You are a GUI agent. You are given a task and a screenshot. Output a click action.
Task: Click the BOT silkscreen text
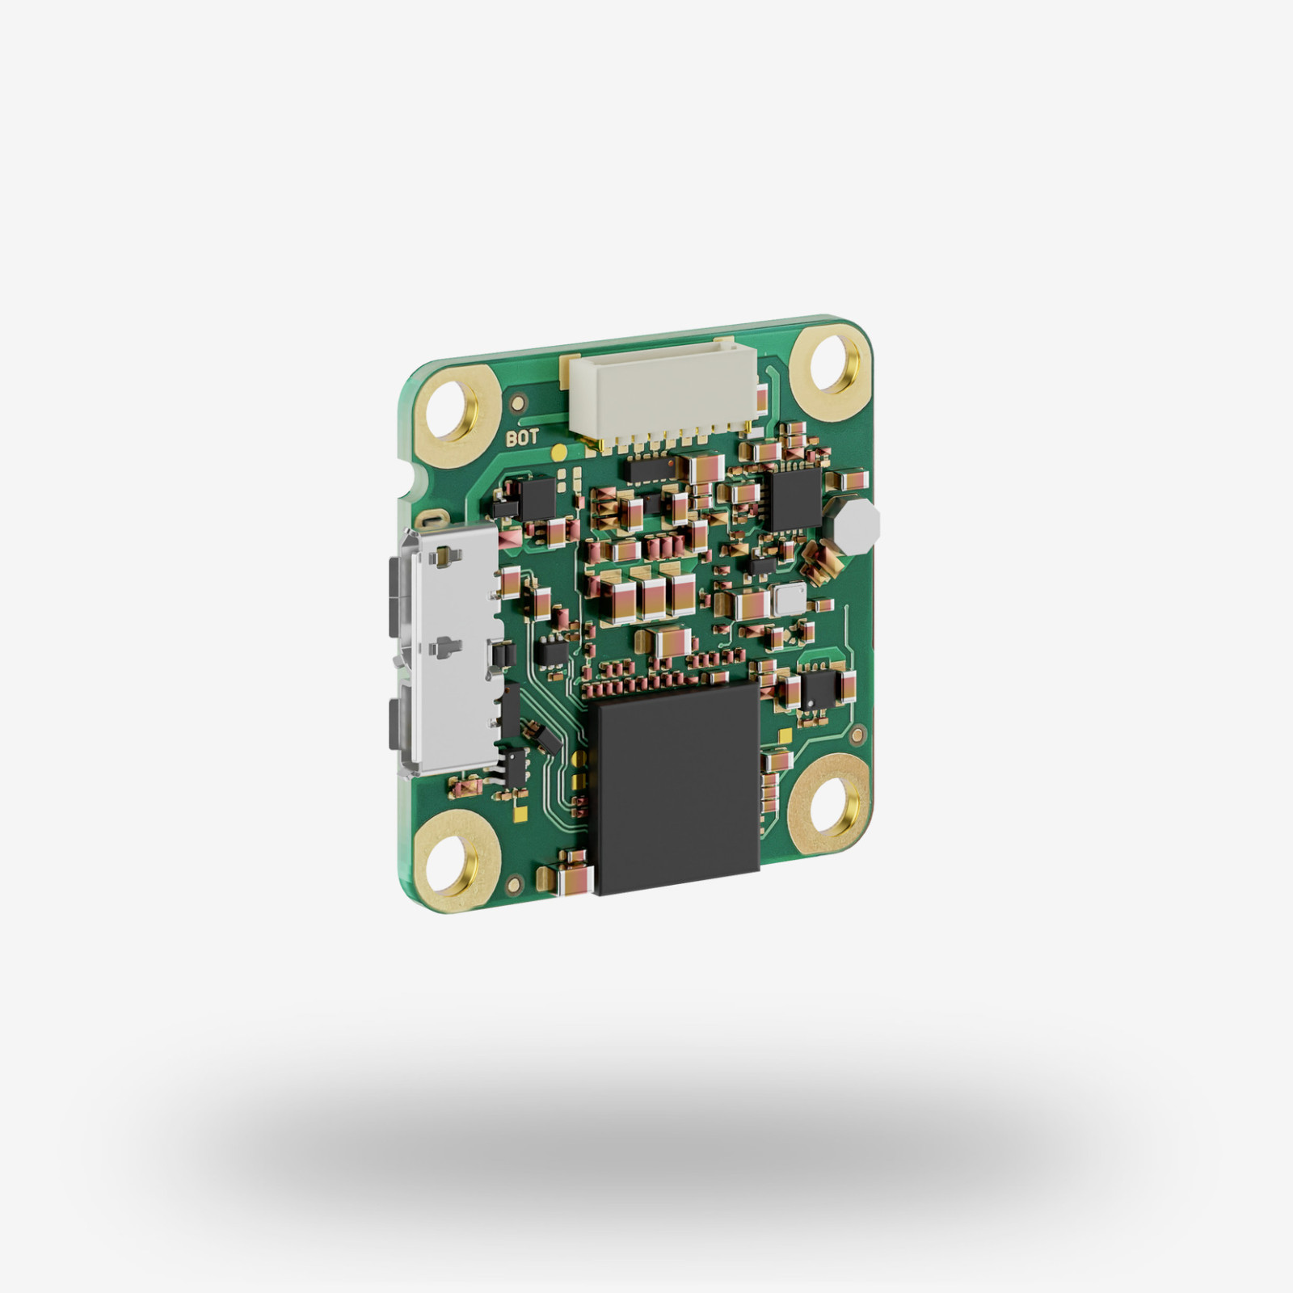pos(522,439)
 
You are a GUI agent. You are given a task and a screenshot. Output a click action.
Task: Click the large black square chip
pos(677,786)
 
